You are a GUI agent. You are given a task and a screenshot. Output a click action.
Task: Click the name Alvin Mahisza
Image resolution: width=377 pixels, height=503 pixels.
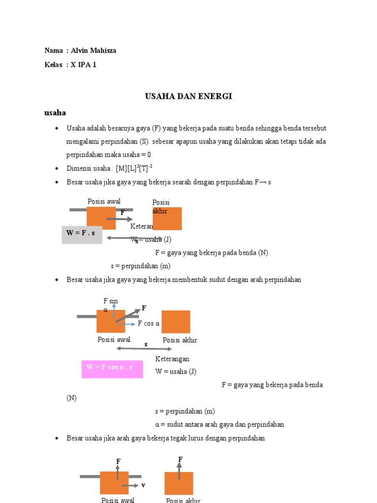tap(93, 51)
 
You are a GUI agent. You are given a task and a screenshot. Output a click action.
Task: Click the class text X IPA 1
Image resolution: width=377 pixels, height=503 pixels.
tap(83, 64)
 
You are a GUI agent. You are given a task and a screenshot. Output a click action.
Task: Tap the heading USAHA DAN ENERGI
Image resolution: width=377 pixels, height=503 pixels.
tap(188, 96)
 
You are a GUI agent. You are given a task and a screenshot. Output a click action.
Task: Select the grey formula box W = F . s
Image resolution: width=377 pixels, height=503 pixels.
tap(82, 234)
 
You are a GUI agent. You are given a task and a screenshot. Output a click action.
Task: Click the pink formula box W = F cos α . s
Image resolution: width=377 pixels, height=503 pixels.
tap(112, 368)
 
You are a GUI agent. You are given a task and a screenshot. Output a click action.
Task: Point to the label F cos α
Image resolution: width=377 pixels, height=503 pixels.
tap(149, 324)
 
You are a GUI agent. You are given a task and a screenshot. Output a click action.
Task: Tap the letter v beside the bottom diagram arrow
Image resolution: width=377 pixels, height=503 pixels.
tap(143, 485)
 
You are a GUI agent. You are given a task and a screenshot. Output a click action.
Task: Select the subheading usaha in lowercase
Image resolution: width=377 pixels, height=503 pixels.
tap(55, 112)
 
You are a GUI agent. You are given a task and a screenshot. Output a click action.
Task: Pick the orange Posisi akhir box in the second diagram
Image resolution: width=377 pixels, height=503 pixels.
tap(176, 322)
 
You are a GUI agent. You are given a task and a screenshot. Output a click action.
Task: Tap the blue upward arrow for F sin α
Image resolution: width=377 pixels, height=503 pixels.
tap(113, 311)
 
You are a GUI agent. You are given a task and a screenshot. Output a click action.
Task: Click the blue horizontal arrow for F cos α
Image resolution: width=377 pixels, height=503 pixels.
tap(126, 324)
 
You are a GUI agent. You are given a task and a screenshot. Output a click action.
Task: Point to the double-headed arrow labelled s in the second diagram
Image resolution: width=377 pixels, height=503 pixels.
tap(144, 349)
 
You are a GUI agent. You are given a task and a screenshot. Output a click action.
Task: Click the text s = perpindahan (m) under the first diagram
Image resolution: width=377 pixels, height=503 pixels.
tap(140, 266)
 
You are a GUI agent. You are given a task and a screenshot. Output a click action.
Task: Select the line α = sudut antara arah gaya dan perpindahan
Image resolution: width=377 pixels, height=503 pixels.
tap(219, 424)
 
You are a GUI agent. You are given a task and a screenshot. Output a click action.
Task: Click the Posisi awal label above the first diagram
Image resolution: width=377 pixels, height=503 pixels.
tap(104, 201)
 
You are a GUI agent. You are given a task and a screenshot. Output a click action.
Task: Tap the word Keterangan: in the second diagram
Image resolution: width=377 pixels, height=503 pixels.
tap(173, 359)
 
